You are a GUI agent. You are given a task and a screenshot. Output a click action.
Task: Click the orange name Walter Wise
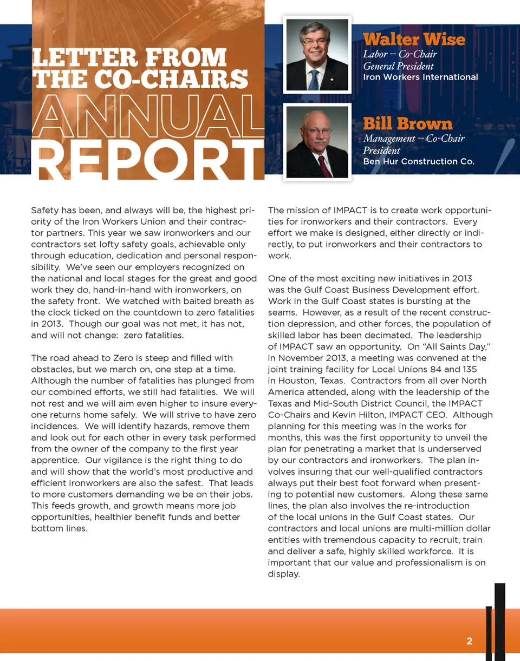(x=414, y=40)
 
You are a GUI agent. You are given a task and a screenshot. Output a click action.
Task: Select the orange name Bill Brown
(x=407, y=124)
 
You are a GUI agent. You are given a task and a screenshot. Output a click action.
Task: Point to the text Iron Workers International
(x=420, y=77)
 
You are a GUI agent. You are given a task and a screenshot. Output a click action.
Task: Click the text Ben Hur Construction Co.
(x=419, y=161)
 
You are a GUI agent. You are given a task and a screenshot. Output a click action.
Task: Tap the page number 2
(x=469, y=642)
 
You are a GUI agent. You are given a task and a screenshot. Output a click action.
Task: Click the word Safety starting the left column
(x=45, y=210)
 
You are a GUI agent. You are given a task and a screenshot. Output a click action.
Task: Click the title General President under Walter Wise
(x=398, y=66)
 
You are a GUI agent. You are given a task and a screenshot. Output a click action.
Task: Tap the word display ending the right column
(x=283, y=574)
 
